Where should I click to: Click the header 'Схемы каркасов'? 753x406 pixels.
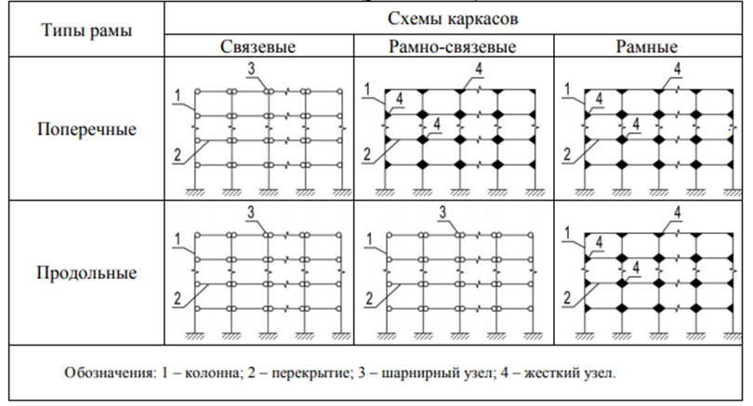(453, 19)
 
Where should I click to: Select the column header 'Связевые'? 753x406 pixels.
(258, 46)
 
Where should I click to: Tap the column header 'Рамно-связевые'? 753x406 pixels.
(453, 46)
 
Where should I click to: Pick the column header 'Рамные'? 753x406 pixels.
(647, 46)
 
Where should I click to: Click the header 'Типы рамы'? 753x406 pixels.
(87, 31)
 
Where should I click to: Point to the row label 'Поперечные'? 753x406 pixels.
(87, 129)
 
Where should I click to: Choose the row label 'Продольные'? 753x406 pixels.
(87, 272)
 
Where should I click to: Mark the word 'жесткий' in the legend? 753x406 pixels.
(551, 373)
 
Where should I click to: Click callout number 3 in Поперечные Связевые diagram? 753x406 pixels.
(252, 69)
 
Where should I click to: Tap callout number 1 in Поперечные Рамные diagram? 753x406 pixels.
(567, 89)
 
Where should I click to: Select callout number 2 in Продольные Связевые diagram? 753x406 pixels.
(178, 298)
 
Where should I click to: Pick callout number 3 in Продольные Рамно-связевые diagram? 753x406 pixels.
(443, 212)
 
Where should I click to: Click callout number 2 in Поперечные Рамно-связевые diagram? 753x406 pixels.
(367, 154)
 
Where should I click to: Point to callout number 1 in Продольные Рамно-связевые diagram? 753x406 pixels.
(369, 239)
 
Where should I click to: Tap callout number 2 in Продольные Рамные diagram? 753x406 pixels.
(567, 298)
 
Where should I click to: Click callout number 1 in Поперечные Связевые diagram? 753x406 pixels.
(178, 96)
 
